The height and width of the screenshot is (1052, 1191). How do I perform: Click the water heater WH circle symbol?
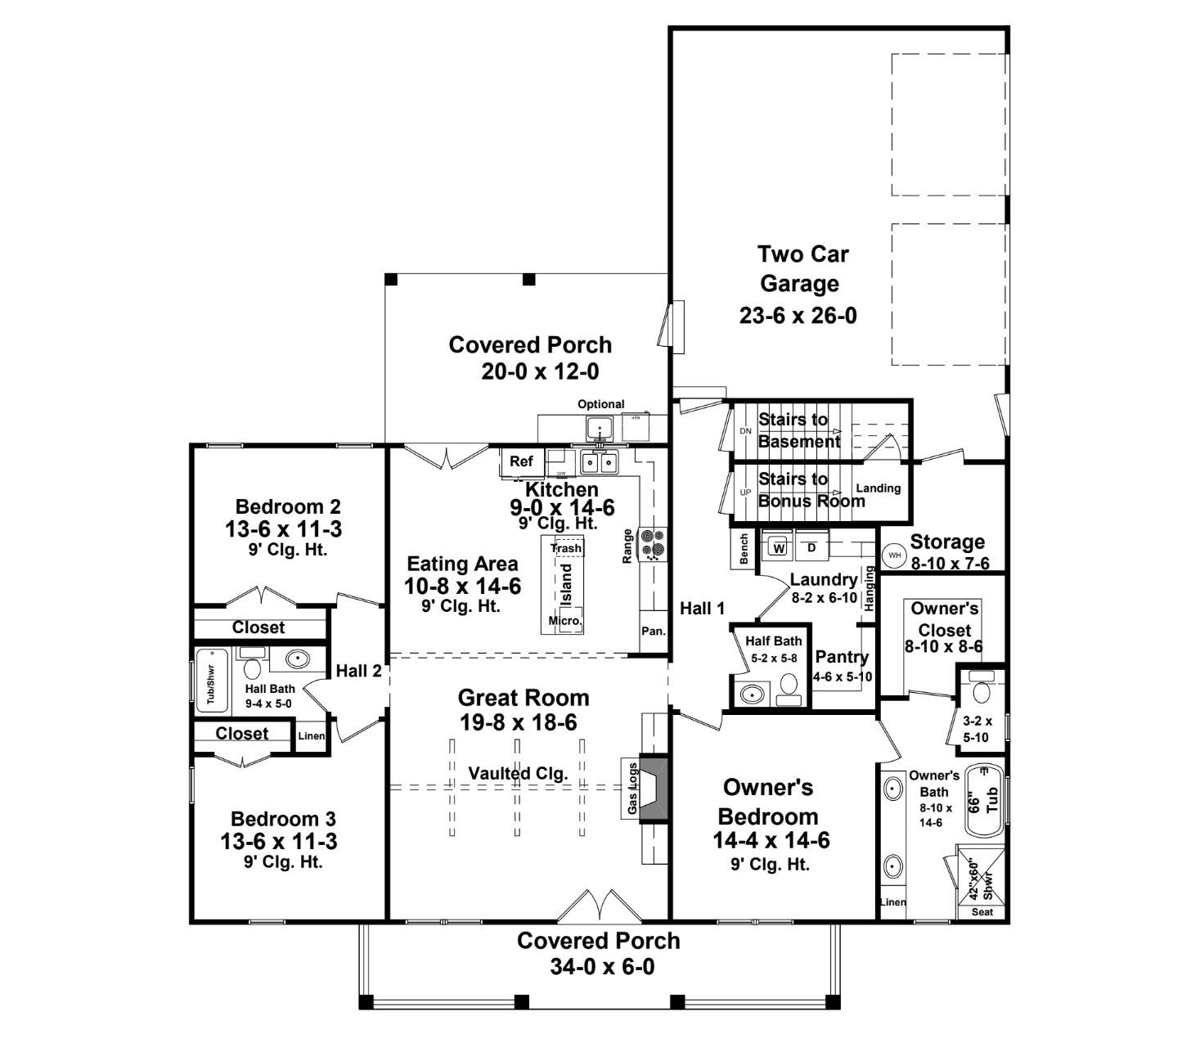click(x=894, y=555)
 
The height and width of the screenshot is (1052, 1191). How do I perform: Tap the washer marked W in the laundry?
click(x=779, y=547)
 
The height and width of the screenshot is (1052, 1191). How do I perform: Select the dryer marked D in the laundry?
click(x=811, y=547)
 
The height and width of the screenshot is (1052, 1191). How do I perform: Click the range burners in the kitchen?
click(x=654, y=543)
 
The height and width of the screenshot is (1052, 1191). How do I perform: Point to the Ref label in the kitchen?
click(x=521, y=461)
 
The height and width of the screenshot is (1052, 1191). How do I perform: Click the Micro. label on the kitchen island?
click(x=565, y=621)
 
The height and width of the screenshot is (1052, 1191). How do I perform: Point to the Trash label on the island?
click(x=566, y=548)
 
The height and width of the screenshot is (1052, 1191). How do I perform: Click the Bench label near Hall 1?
click(x=744, y=549)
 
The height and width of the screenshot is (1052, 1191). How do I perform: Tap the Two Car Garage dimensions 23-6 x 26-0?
click(x=798, y=315)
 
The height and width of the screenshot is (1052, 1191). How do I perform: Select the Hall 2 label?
click(x=358, y=672)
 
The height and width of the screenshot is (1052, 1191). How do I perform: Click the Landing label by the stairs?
click(x=878, y=488)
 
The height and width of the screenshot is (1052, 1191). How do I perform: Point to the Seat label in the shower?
click(x=982, y=911)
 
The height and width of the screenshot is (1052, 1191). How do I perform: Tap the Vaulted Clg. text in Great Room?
click(x=518, y=773)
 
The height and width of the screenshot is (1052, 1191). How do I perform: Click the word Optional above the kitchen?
click(x=600, y=404)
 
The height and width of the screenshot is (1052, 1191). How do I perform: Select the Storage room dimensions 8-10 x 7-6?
click(x=950, y=564)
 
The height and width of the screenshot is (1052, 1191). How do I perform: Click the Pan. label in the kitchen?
click(x=654, y=632)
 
